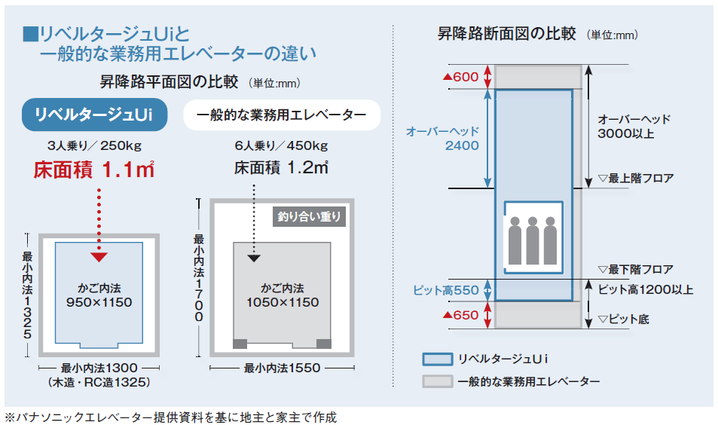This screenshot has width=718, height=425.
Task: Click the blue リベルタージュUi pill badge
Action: coord(94,115)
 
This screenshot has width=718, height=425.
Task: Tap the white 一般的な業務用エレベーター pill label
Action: coord(282,115)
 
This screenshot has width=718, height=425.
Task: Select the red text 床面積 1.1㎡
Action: coord(94,170)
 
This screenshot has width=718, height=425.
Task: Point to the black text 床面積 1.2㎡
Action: coord(281,168)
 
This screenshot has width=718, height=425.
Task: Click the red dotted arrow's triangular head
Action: coord(99,257)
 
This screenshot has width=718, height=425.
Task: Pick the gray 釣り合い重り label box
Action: coord(309,216)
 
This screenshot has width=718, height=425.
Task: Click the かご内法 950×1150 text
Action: coord(99,295)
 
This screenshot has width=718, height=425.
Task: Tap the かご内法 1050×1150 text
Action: coord(283,295)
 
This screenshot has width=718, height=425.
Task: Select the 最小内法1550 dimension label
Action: coord(282,368)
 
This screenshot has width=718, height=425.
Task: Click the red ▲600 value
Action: coord(460,77)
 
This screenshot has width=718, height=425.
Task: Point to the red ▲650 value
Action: coord(460,315)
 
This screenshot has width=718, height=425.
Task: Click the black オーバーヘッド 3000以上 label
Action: coord(634,127)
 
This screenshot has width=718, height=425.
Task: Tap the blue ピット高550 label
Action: coord(446,290)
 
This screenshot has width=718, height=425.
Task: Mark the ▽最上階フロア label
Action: coord(636,178)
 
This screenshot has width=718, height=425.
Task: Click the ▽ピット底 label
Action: coord(624,320)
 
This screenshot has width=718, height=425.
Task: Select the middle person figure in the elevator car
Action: coord(533,240)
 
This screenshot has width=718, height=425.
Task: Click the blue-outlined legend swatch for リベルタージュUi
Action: coord(438,359)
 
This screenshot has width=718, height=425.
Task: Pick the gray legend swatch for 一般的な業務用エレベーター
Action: coord(438,381)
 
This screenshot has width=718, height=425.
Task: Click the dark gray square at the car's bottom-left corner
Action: coord(240,344)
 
